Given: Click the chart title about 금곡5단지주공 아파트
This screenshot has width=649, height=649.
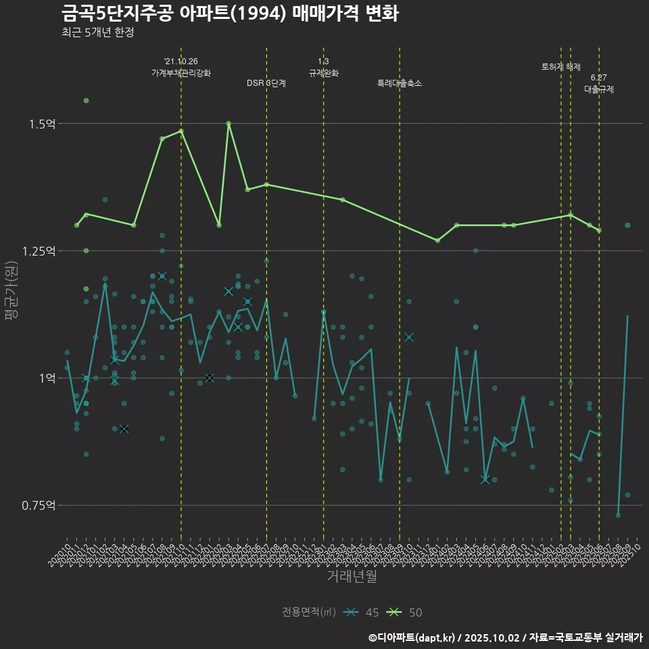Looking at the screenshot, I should pos(229,13).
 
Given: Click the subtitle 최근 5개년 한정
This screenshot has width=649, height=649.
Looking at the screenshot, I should pos(102,32).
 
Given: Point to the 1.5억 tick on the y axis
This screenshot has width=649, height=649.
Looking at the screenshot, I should pos(42,124).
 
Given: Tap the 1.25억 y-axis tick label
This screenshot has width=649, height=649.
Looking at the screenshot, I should pos(39,251).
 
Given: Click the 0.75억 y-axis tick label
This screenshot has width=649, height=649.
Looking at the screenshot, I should pos(39,505).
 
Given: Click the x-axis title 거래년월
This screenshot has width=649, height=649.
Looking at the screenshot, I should pos(352,576).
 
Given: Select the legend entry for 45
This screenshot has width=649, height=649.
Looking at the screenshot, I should pos(361,612).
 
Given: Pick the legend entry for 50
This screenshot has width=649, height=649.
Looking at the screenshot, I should pos(405,612).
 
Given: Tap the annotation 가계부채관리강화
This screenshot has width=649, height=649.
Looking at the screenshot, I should pos(181,73).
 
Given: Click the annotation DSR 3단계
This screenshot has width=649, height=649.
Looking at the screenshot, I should pos(266,83).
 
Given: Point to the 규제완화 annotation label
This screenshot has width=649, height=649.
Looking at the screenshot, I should pos(323,73).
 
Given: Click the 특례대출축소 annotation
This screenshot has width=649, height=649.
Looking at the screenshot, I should pos(400,83).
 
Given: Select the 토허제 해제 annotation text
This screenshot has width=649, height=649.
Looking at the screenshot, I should pos(561,67).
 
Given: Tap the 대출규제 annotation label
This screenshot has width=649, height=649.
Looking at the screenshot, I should pos(599,89).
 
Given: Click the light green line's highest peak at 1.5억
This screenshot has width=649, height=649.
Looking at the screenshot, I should pos(229,124).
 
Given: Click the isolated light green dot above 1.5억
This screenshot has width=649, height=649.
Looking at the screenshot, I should pos(86,101).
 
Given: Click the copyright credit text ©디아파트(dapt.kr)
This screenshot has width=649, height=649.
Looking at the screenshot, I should pos(413,638).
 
